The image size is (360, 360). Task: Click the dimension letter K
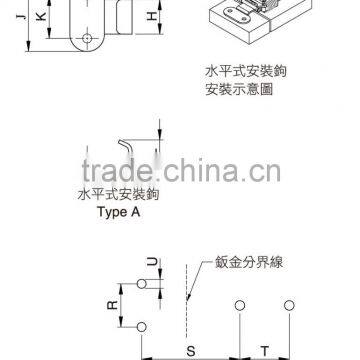tap(40, 18)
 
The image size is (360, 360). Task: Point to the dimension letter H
tap(151, 17)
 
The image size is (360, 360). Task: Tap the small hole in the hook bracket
tap(89, 37)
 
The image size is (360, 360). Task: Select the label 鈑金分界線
tap(245, 266)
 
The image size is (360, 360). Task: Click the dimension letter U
tap(151, 264)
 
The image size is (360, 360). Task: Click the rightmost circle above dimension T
tap(289, 304)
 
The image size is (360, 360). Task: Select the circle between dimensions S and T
tap(239, 304)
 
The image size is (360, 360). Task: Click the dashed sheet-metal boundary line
tap(185, 300)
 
